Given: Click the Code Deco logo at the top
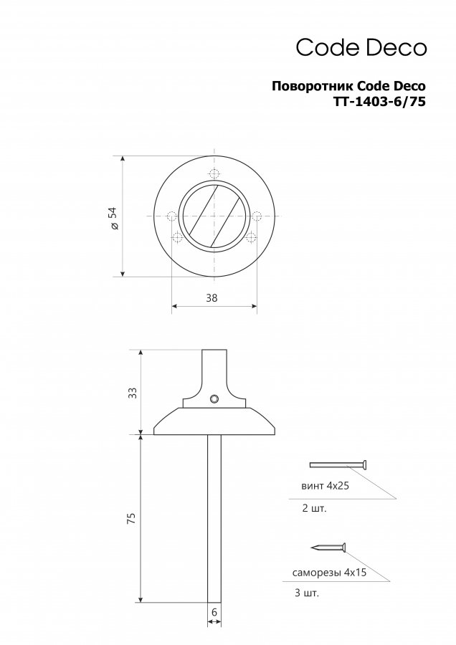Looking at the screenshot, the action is (361, 47).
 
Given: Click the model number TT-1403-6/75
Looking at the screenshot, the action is (379, 101).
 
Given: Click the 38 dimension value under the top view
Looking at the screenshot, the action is (212, 298).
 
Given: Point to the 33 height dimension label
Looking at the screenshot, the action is (132, 393).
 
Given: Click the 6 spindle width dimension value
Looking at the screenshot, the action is (214, 612).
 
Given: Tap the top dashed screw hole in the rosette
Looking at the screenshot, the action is (214, 173).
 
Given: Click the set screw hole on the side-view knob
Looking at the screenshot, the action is (214, 398).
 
